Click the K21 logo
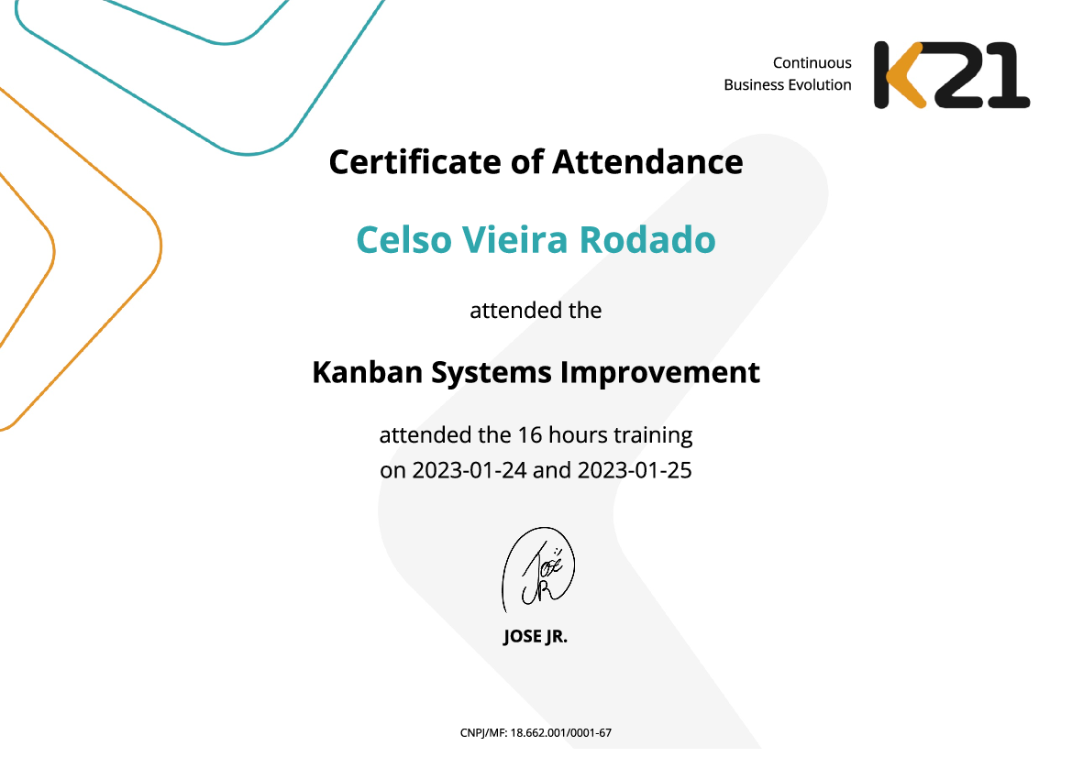point(951,74)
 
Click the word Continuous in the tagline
point(812,63)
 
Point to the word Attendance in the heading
point(647,162)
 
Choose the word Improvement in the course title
point(659,373)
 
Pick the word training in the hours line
point(658,433)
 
